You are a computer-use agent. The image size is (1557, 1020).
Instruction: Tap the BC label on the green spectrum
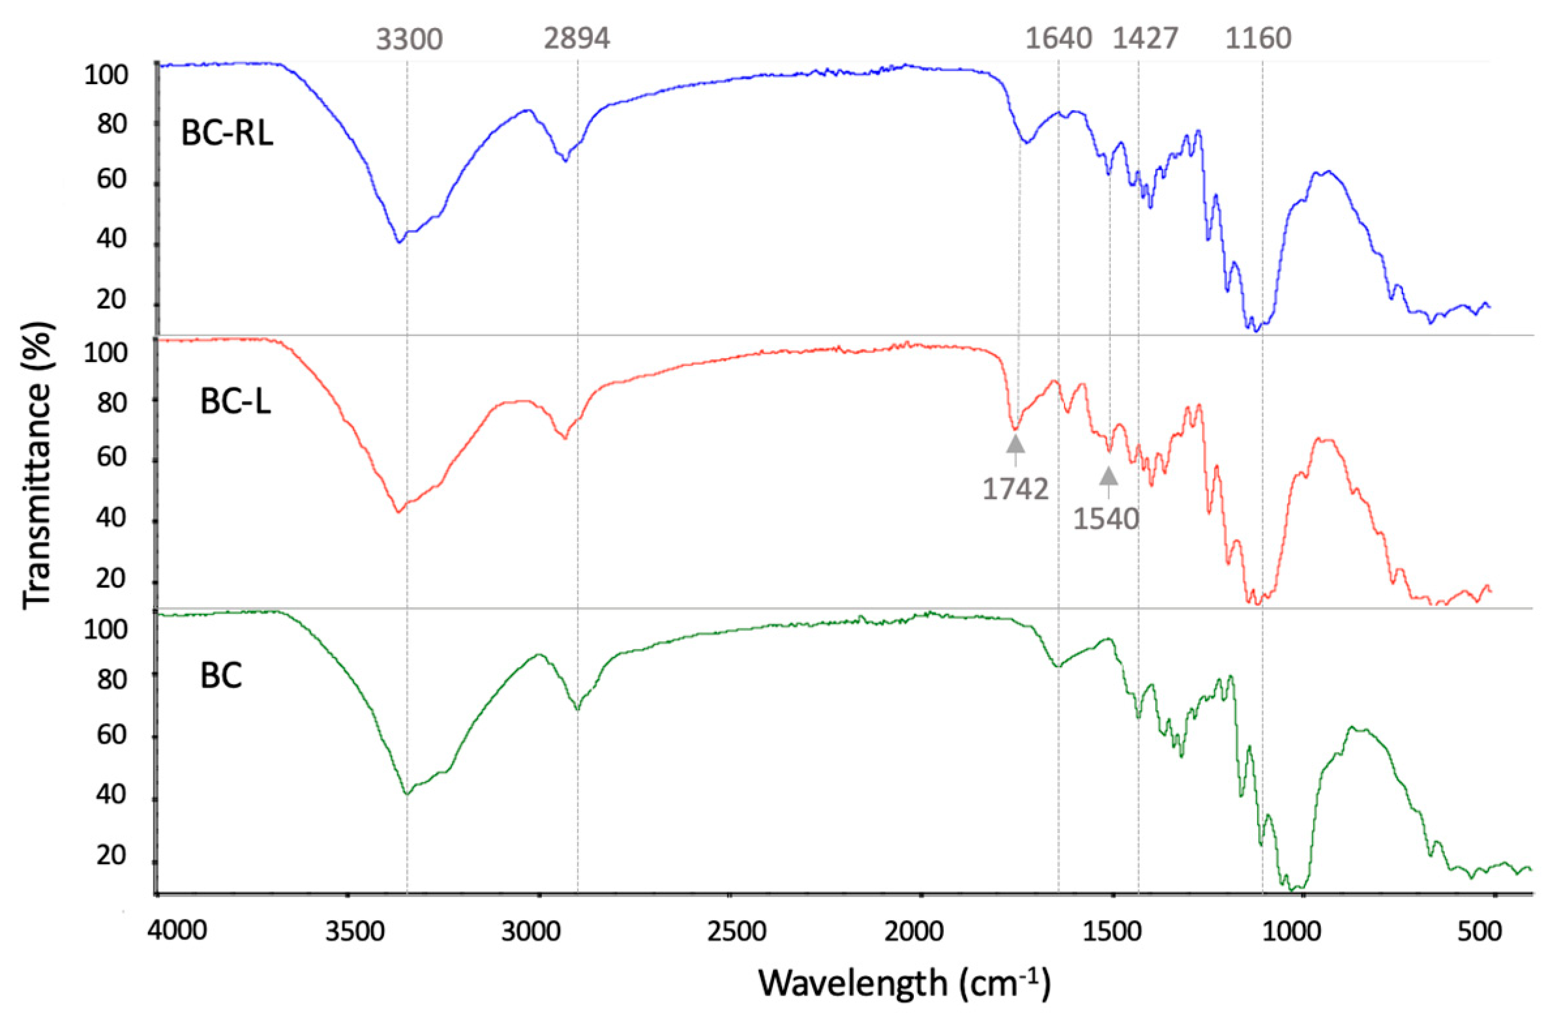click(221, 675)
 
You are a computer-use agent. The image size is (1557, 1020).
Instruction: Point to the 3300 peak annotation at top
click(410, 40)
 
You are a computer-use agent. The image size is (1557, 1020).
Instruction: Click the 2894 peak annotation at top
click(577, 38)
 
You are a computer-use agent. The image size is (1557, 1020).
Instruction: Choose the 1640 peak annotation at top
click(1058, 39)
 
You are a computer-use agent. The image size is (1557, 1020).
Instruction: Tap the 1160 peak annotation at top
click(1258, 39)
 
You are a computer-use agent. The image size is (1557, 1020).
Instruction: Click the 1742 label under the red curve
click(1016, 488)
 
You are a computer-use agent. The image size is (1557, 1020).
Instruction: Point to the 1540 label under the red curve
click(1106, 519)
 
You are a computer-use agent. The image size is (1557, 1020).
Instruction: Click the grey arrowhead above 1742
click(1016, 444)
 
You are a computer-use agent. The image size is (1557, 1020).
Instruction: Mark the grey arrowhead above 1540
click(1108, 475)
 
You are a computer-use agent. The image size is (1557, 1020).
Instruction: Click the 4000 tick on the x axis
click(177, 931)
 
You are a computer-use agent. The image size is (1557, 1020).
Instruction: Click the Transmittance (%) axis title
click(37, 466)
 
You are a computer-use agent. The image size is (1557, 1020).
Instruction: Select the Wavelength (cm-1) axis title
click(905, 983)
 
